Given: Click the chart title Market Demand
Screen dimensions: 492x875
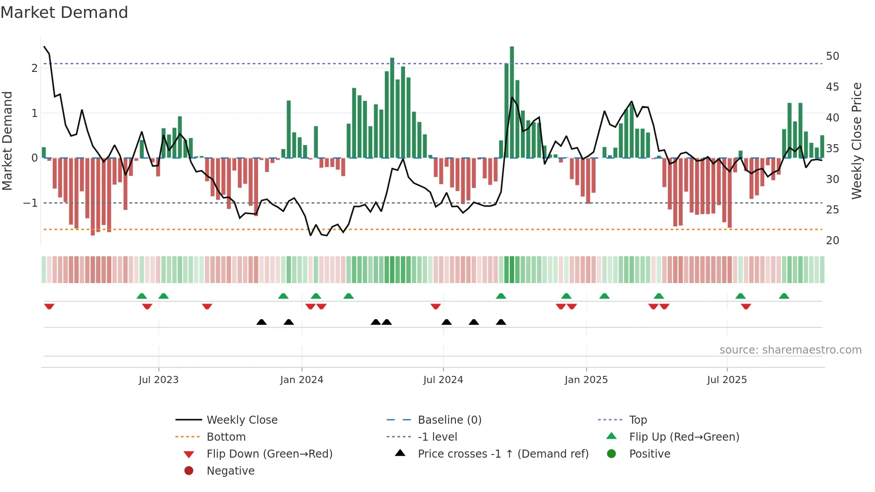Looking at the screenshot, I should pos(64,13).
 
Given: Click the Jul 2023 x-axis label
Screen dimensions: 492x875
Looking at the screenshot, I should pos(158,380).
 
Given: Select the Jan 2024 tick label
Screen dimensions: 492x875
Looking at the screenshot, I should pos(301,380).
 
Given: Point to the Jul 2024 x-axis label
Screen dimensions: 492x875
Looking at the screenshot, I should pos(443,380).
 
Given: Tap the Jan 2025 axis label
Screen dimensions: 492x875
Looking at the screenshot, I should pos(586,380).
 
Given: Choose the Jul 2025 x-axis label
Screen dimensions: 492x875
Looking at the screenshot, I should pos(727,380).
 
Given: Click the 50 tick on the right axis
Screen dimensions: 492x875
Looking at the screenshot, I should pos(832,56).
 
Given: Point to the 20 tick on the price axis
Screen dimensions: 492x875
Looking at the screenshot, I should pos(832,241).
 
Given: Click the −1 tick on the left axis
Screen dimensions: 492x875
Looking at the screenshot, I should pos(30,203).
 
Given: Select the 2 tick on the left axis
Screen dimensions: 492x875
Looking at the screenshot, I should pos(34,68).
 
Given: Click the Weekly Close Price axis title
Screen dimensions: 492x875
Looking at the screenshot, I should pos(856,141).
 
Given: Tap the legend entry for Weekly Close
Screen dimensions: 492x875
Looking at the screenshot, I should pos(242,420).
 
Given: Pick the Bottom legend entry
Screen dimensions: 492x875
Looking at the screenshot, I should pos(226,437).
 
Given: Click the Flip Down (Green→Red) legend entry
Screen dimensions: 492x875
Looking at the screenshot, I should pos(269,454).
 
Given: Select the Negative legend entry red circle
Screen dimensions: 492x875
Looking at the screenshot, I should pos(189,471).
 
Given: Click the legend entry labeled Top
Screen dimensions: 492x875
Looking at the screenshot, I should pos(637,420).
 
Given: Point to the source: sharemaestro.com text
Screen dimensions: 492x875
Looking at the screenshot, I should pos(790,350).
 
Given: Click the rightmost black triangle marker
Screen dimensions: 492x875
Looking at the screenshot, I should pos(501,322).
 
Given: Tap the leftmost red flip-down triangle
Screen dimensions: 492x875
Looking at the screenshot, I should pos(49,306).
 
